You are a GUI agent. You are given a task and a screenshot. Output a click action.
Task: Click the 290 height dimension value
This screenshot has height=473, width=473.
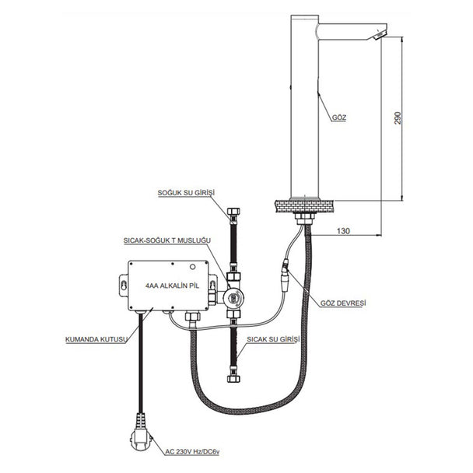point(398,118)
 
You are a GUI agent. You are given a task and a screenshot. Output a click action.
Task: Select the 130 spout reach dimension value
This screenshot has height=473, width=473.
point(343,231)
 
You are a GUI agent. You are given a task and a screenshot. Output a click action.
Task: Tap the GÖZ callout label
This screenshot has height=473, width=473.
point(339,117)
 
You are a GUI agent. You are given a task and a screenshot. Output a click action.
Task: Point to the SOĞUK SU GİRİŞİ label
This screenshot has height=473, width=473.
point(186,193)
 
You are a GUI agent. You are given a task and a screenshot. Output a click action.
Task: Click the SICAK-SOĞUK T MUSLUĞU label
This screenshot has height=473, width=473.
point(167,240)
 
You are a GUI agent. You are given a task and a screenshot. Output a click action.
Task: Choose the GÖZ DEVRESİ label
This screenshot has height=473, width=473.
point(343,303)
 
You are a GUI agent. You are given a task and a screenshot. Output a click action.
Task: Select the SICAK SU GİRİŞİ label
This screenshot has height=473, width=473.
point(273,339)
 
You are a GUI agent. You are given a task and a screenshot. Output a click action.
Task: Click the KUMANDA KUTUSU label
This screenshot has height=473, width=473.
point(96,339)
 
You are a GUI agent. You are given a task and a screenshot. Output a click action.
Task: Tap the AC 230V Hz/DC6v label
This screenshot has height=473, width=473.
point(192,452)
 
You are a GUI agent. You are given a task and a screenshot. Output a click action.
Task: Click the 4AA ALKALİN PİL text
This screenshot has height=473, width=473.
point(172,286)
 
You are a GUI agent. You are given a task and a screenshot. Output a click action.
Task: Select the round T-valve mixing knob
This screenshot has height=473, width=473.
point(234,298)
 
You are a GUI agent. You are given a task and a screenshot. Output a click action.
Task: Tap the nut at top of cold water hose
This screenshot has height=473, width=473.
point(234,212)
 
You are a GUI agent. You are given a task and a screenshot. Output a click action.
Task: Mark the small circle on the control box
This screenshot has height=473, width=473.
point(192,267)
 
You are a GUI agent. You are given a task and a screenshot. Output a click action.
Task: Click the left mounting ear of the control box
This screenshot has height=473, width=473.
point(124,285)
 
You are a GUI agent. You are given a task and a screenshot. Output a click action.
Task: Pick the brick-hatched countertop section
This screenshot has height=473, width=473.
point(304,205)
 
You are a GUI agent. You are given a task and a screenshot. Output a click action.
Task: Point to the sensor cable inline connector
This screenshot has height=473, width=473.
point(285,275)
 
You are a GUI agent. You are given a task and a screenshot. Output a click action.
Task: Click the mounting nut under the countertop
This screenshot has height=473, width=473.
point(304,218)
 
